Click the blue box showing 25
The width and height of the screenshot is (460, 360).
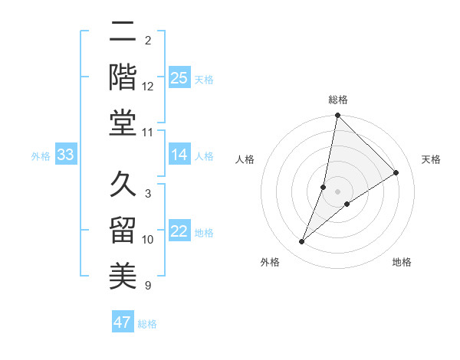point(179,77)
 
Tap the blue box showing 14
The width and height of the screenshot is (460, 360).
point(179,155)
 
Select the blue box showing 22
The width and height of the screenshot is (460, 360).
point(179,231)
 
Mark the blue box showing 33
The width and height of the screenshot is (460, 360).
point(66,155)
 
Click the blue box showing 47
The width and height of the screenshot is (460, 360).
point(123,322)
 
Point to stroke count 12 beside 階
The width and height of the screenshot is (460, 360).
point(148,86)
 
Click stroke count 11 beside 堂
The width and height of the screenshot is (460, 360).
point(148,133)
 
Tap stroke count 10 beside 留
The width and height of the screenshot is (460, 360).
point(148,240)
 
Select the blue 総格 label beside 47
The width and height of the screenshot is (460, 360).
point(147,324)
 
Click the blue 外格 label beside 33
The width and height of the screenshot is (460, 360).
point(41,156)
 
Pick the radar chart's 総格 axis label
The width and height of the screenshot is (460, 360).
point(338,100)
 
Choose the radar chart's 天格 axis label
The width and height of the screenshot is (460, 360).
point(432,159)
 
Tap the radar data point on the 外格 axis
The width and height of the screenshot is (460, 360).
point(302,242)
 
